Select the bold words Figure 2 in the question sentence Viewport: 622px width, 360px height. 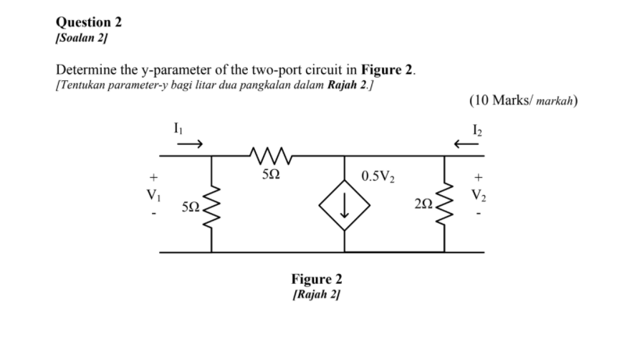388,70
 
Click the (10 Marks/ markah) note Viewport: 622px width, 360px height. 523,100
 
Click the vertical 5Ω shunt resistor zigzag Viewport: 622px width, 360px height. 211,204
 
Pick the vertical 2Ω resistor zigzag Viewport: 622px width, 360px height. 445,204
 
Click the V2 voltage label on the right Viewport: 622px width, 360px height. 478,194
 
